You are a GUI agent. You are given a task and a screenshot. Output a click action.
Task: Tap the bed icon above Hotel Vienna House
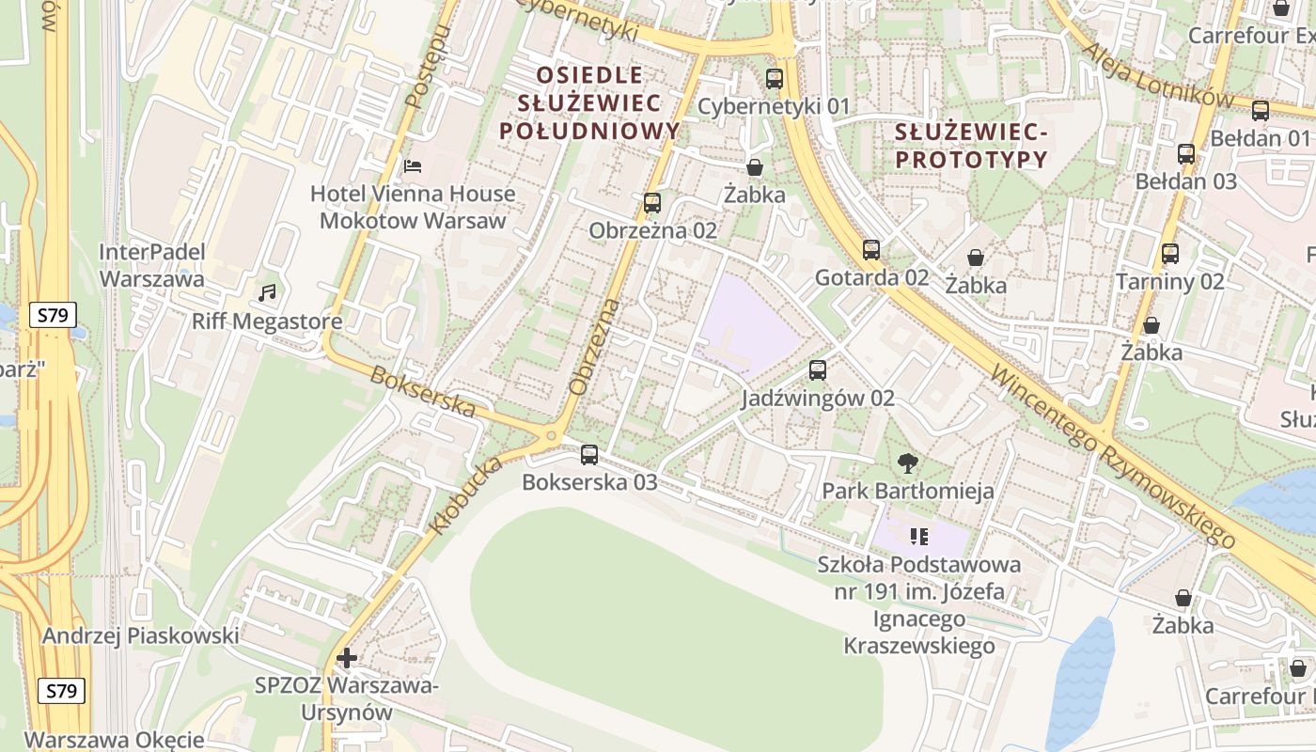[412, 166]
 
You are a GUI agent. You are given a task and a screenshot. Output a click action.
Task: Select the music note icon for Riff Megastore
[268, 293]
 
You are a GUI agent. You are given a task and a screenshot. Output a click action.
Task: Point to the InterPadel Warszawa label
[151, 266]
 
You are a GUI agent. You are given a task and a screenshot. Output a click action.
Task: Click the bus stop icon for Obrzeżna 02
[652, 203]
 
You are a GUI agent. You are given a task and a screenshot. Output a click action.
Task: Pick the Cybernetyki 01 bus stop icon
[775, 79]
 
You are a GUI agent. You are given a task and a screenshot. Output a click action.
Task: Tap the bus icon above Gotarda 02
[871, 250]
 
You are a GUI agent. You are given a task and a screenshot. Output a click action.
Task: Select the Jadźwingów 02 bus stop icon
[818, 370]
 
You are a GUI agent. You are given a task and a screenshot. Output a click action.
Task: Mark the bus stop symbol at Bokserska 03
[589, 455]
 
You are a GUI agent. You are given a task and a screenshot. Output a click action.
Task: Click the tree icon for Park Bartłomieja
[908, 462]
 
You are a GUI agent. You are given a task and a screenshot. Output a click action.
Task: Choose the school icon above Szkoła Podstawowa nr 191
[919, 537]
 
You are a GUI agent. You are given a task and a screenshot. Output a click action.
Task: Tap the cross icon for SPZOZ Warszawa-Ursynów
[347, 658]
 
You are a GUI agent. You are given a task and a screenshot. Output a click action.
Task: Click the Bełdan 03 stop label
[1186, 181]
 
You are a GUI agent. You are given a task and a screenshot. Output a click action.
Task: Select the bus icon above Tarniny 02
[1170, 254]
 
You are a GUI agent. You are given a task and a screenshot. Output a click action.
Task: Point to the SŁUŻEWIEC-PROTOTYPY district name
[971, 146]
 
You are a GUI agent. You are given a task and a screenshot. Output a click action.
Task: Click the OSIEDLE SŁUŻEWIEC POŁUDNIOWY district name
[589, 103]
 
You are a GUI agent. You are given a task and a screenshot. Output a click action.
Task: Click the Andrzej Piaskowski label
[140, 636]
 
